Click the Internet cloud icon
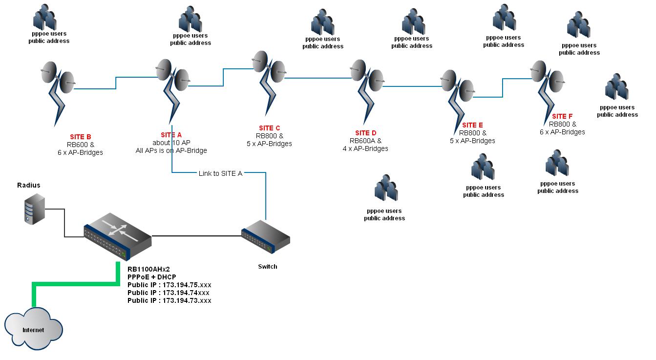[x=33, y=329]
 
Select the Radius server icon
[x=34, y=209]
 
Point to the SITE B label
[x=80, y=137]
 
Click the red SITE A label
[x=171, y=135]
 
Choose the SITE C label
[x=269, y=128]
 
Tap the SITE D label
[x=365, y=133]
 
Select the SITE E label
[x=472, y=125]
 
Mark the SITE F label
[x=562, y=116]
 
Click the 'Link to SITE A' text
[x=220, y=173]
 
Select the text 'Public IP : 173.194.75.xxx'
[x=169, y=285]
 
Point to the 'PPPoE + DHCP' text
[x=151, y=277]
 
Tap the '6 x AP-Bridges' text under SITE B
[x=80, y=152]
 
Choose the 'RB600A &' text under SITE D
[x=365, y=141]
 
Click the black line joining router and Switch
[x=195, y=236]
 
